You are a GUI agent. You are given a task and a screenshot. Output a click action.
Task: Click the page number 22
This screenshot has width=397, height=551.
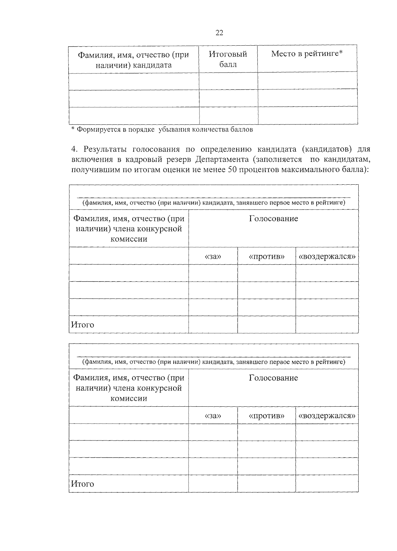tap(219, 32)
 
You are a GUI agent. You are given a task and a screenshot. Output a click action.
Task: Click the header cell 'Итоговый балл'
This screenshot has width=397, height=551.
tap(228, 59)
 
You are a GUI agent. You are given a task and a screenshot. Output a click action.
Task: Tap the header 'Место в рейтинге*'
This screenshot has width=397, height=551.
tap(307, 54)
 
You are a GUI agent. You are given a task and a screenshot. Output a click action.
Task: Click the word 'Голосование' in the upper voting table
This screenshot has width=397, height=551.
tap(273, 218)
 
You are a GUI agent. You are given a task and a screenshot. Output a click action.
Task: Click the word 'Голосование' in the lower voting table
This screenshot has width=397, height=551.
tap(273, 378)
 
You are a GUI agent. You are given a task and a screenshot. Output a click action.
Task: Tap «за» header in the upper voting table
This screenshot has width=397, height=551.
tap(213, 256)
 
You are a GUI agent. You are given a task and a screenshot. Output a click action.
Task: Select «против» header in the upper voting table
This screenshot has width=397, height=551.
tap(266, 256)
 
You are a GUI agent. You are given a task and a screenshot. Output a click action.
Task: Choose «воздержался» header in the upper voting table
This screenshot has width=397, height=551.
tap(327, 256)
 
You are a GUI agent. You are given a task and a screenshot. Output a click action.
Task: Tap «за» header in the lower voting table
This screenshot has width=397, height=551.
tap(213, 416)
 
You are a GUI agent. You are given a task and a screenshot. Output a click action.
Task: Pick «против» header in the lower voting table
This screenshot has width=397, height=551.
tap(266, 416)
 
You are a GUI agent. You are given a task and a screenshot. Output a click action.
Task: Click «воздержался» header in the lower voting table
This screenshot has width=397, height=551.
tap(327, 416)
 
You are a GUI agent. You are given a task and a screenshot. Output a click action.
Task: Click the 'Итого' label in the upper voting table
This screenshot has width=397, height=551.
tap(83, 325)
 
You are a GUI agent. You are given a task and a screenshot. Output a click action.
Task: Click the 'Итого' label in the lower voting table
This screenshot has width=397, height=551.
tap(83, 484)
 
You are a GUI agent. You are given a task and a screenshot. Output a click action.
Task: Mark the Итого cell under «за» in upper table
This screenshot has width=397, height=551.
tap(213, 325)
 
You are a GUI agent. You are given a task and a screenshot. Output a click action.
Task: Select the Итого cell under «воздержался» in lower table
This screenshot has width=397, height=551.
tap(327, 484)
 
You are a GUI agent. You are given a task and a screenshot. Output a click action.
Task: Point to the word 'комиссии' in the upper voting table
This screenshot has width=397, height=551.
tap(129, 239)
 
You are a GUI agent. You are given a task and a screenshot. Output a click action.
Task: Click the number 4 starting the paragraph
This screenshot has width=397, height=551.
tap(74, 149)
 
